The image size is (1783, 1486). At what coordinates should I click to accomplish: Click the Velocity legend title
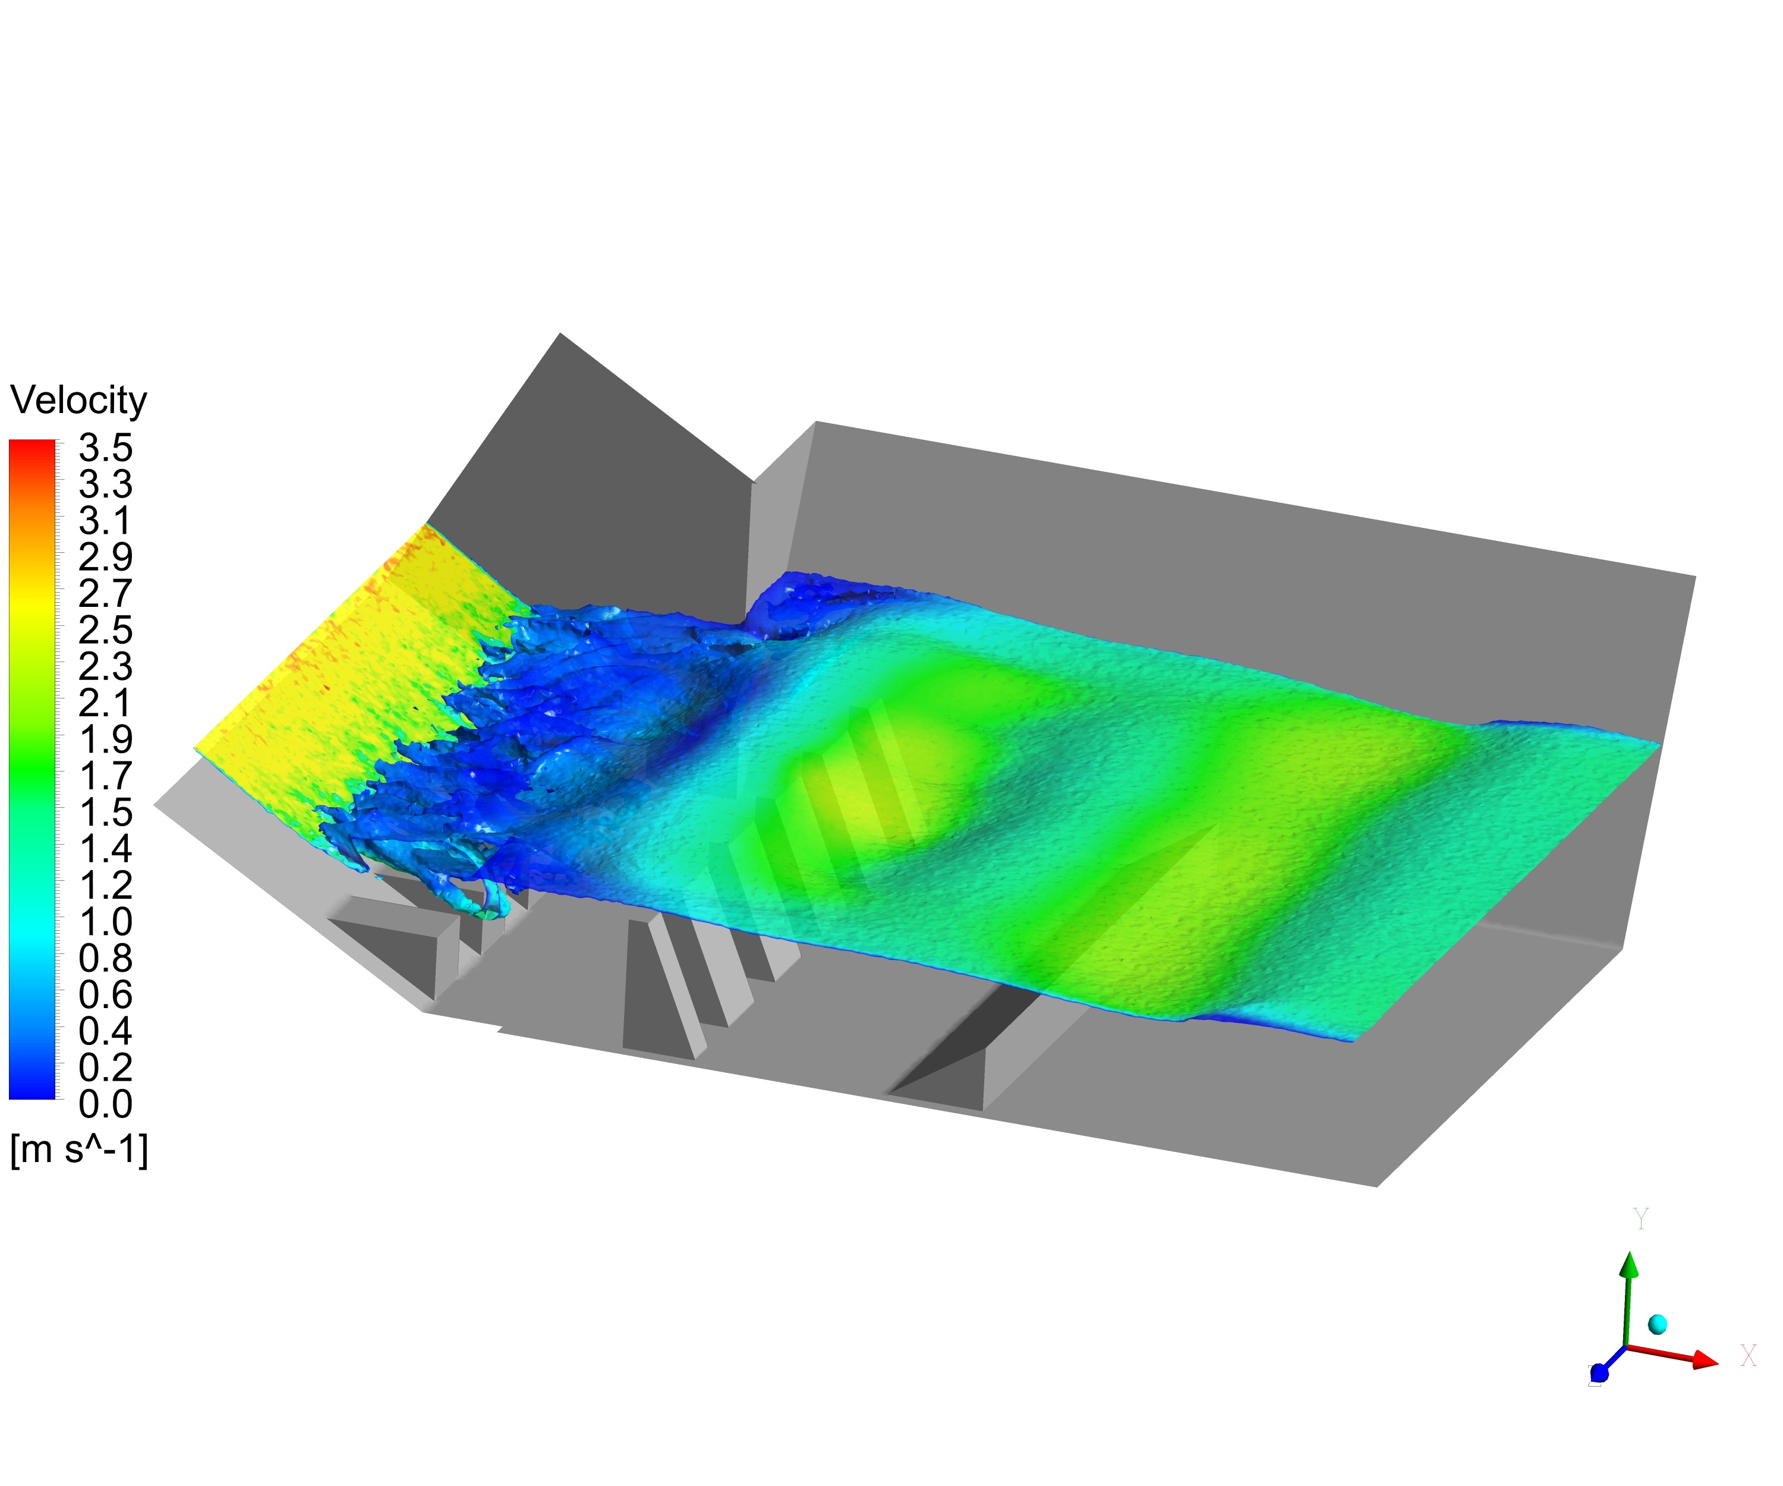click(78, 400)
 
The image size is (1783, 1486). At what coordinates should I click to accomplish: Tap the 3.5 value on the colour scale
click(105, 448)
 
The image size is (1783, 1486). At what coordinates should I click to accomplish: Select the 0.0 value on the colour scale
click(105, 1104)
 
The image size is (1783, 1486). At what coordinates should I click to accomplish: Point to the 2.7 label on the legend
click(105, 594)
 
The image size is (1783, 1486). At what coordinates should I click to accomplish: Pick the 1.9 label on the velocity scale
click(105, 739)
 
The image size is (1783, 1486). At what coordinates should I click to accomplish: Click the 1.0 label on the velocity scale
click(105, 921)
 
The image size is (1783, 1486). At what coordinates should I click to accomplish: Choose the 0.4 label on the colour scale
click(105, 1031)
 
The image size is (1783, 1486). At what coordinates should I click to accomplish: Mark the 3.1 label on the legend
click(105, 521)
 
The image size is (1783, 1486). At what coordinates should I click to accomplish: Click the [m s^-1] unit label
click(79, 1151)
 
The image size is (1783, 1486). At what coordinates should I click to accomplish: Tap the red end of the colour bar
click(32, 445)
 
